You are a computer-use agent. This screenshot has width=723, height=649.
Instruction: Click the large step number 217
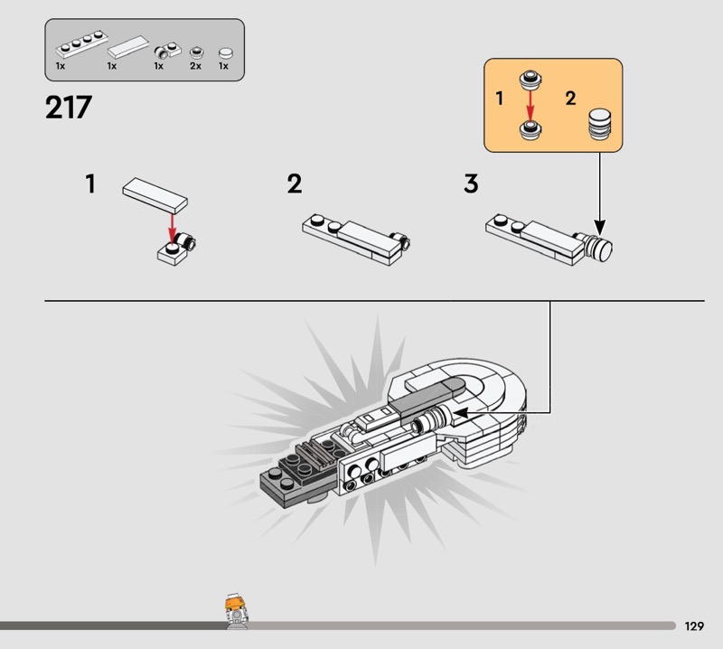click(69, 108)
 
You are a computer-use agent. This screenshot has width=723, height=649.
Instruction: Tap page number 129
click(694, 625)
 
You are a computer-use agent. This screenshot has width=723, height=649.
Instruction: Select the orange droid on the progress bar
click(236, 611)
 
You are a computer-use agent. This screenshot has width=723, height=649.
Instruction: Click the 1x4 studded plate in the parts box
click(82, 43)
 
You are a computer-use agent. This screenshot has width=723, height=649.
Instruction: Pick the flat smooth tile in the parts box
click(128, 47)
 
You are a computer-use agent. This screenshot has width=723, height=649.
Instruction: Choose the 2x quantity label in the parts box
click(195, 66)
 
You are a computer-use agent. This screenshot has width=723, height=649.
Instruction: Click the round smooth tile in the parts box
click(225, 53)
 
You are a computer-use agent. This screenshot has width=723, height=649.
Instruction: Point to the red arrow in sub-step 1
click(172, 228)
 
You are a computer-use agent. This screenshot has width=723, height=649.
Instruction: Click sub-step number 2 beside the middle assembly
click(295, 183)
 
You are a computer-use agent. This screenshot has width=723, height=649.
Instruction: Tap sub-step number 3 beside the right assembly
click(471, 183)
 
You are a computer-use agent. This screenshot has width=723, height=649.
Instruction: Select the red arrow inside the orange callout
click(531, 105)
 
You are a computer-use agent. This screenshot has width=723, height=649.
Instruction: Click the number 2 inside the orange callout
click(570, 99)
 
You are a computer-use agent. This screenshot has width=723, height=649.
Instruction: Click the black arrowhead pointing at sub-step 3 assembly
click(600, 227)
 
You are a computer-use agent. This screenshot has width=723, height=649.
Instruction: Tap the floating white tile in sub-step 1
click(155, 195)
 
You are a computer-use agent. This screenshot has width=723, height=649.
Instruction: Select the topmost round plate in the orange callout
click(531, 80)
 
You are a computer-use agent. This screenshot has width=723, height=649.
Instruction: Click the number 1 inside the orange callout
click(500, 99)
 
